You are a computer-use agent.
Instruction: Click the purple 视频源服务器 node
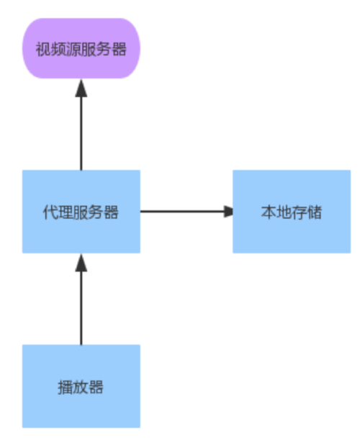click(81, 48)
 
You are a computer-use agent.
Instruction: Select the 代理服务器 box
click(81, 211)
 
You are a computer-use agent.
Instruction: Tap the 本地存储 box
click(291, 211)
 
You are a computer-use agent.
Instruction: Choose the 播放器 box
click(81, 387)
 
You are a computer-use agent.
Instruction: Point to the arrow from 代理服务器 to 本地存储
click(184, 211)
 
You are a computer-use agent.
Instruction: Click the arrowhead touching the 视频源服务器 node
click(81, 88)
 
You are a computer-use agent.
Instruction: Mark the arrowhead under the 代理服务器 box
click(81, 262)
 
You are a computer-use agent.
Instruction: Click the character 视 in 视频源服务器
click(42, 49)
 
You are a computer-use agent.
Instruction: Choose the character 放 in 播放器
click(81, 387)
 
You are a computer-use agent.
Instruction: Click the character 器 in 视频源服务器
click(119, 49)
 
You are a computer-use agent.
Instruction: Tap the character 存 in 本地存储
click(299, 212)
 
